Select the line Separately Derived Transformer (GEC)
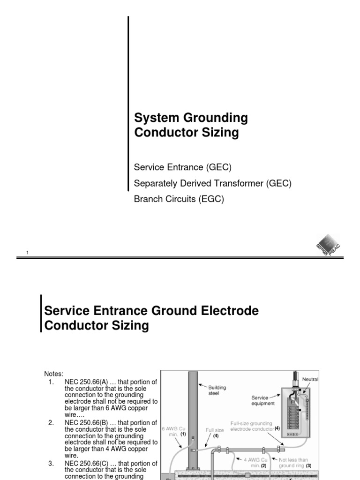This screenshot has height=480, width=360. coord(213,183)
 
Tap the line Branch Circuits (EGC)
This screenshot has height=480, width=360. coord(179,199)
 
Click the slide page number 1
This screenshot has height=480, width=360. coord(28,253)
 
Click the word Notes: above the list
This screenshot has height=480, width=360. coord(53,374)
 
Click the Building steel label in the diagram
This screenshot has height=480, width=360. coord(217,390)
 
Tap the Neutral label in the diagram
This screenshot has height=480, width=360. coord(310,379)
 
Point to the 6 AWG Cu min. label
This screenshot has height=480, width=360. coord(172,431)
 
